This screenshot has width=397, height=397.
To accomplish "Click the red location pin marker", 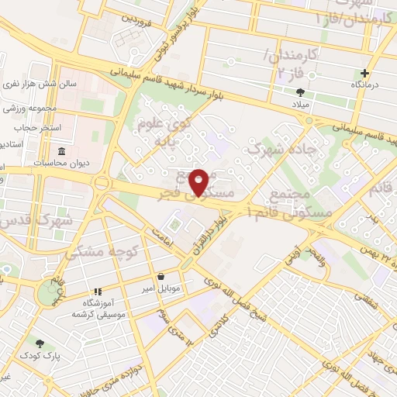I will click(199, 181).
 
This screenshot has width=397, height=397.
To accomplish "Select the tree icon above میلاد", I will click(300, 91).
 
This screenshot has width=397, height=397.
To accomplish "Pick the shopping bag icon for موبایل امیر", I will click(161, 276).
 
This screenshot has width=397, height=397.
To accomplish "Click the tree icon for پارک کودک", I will click(39, 342).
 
